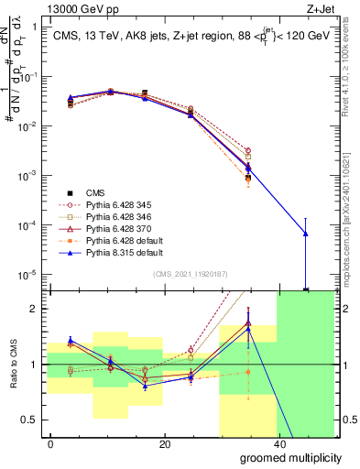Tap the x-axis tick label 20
(164, 444)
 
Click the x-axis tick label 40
(278, 444)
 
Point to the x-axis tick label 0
(51, 444)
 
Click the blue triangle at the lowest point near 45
(306, 234)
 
